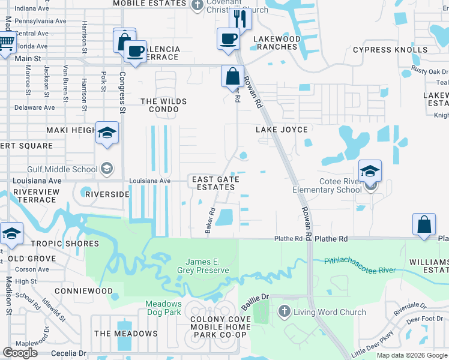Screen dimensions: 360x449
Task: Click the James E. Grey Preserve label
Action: (x=207, y=266)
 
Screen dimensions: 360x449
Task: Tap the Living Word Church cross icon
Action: (x=285, y=311)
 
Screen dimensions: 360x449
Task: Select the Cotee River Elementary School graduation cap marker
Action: (x=370, y=171)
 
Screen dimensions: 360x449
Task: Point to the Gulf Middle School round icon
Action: (x=107, y=169)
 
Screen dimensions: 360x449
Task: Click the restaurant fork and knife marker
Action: (x=240, y=18)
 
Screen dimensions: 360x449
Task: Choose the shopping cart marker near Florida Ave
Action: (x=6, y=43)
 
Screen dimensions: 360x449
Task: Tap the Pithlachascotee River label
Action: (x=360, y=266)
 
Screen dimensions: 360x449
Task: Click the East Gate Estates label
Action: (x=215, y=183)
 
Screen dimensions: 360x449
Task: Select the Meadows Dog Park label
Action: (x=163, y=308)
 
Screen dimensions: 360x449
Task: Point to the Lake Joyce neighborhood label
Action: (x=282, y=130)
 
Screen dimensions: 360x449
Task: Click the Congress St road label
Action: (x=122, y=92)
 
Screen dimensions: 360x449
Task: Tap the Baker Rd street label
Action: (x=210, y=221)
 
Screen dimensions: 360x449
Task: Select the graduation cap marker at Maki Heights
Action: (x=107, y=133)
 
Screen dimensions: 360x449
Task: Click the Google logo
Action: (x=21, y=353)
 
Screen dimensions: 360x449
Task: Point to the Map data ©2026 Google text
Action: (x=412, y=355)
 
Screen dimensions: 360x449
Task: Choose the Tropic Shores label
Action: (x=70, y=244)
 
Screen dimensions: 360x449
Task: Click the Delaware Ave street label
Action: (x=34, y=108)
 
